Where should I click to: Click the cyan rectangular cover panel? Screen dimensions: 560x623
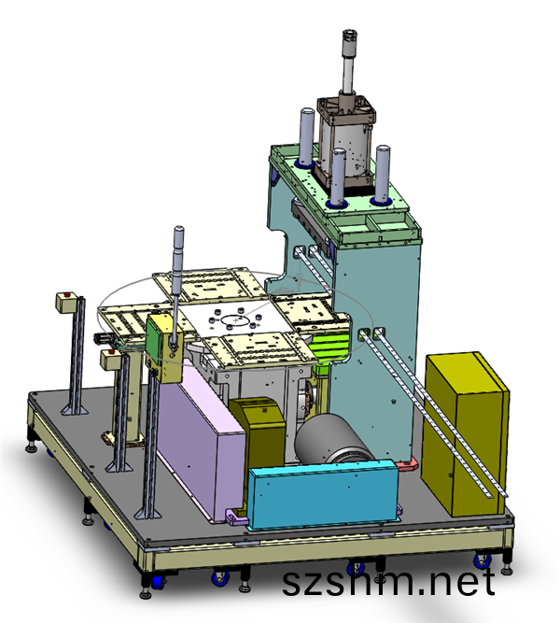pyautogui.click(x=323, y=495)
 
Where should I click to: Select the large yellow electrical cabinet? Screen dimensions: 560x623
pyautogui.click(x=465, y=434)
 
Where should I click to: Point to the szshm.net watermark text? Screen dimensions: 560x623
pyautogui.click(x=388, y=581)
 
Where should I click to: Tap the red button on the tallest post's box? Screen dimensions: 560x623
pyautogui.click(x=67, y=295)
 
